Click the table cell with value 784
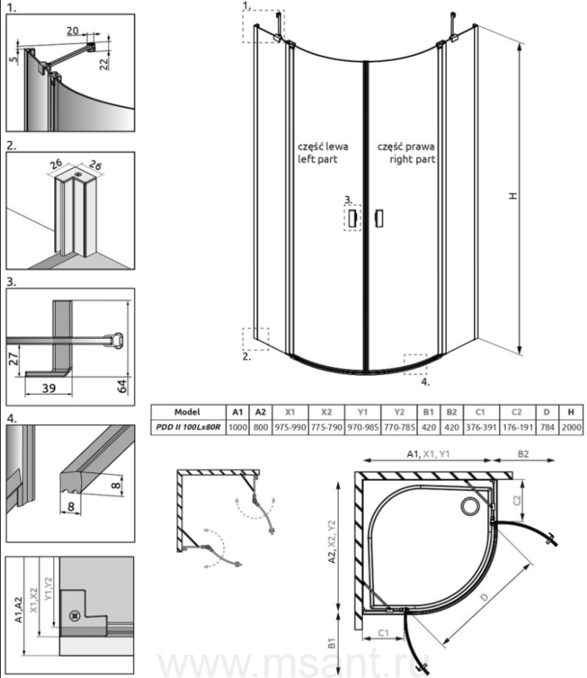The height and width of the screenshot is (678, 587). (x=547, y=428)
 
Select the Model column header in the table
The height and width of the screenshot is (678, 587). (x=187, y=412)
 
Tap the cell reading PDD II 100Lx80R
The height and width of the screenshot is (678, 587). (x=188, y=428)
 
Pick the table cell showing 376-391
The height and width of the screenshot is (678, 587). (x=481, y=428)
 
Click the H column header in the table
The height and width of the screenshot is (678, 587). (x=571, y=412)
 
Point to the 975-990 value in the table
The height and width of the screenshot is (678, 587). (x=290, y=428)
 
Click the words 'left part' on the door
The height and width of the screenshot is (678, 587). (x=318, y=159)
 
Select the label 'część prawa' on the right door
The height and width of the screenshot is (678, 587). (x=406, y=147)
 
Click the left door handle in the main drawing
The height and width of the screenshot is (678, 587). (x=352, y=218)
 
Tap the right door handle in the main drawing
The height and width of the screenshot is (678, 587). (x=379, y=218)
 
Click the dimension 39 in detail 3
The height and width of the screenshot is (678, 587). (x=49, y=388)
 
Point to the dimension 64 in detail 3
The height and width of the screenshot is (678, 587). (x=123, y=386)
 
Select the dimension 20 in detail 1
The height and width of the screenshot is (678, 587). (x=72, y=31)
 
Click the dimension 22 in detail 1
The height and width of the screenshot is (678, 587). (x=104, y=64)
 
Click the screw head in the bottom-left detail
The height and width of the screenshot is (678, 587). (x=75, y=615)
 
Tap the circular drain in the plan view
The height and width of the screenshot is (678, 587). (x=470, y=505)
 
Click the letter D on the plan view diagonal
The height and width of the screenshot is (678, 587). (x=484, y=597)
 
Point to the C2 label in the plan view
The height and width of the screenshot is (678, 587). (x=517, y=500)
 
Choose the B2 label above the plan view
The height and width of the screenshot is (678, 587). (x=523, y=454)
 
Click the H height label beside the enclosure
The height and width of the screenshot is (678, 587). (x=512, y=196)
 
